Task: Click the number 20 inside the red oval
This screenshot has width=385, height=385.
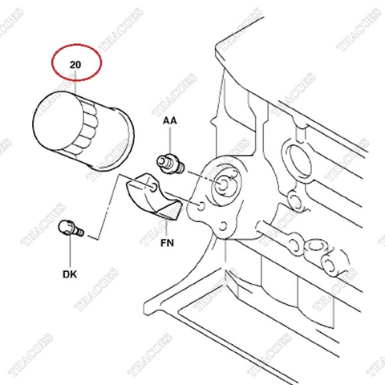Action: pyautogui.click(x=76, y=64)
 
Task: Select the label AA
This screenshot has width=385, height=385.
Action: pyautogui.click(x=170, y=121)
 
